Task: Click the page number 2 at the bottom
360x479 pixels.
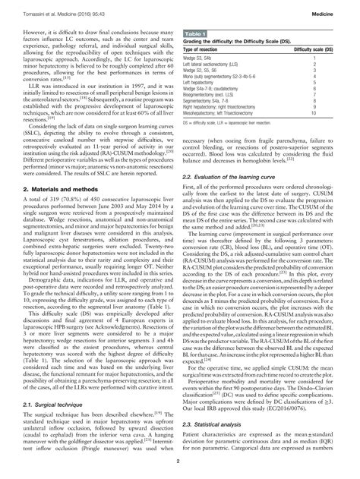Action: click(x=180, y=471)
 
